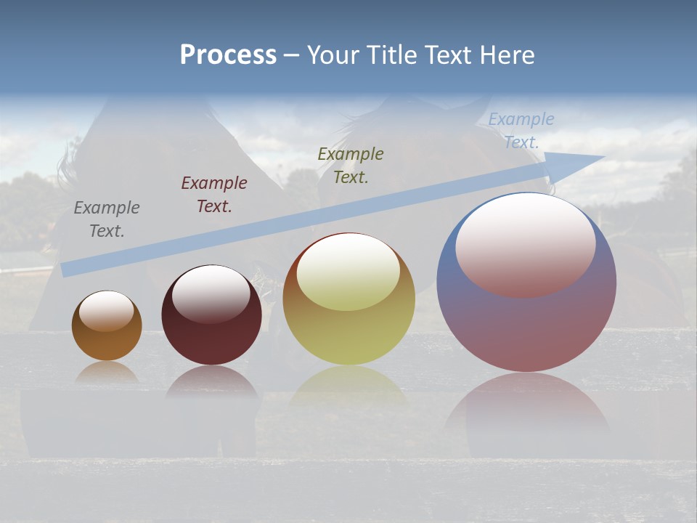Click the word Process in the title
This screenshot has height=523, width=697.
[228, 55]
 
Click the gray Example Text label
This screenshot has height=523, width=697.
[107, 219]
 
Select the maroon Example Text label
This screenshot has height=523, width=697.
[214, 195]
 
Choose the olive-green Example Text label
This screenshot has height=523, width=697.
[351, 166]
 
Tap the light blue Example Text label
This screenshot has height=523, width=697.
[521, 131]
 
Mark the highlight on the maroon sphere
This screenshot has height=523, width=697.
[211, 293]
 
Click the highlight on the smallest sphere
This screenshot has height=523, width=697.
[107, 311]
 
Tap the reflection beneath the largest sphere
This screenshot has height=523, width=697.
[526, 414]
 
